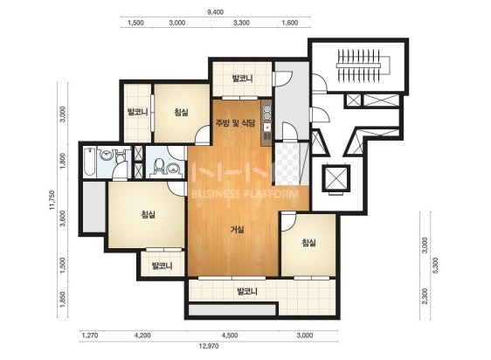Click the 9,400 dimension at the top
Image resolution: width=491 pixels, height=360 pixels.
(215, 12)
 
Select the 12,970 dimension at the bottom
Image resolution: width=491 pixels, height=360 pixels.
(209, 346)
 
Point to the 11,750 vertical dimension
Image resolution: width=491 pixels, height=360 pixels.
(52, 200)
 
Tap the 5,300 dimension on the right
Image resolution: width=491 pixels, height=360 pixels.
(435, 266)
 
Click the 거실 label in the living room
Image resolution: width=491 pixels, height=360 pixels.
(237, 230)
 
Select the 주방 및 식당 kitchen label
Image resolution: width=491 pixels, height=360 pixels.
(235, 123)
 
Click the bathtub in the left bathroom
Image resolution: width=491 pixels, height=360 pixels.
(90, 162)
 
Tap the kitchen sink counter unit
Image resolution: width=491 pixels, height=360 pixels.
(266, 123)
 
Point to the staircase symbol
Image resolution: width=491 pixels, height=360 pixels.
(363, 66)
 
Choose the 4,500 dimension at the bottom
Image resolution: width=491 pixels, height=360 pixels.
(230, 336)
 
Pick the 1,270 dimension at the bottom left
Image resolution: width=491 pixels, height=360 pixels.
(90, 336)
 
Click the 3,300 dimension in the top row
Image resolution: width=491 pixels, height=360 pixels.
(241, 23)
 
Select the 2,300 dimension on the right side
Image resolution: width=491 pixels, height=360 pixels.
(425, 296)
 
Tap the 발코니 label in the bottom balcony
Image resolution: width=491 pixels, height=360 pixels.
(247, 292)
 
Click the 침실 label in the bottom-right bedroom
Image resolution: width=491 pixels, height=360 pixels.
(308, 242)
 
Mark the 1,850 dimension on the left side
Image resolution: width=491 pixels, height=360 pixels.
(63, 300)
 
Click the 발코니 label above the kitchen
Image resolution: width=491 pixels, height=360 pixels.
(242, 78)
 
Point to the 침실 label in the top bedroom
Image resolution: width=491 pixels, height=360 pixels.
(182, 112)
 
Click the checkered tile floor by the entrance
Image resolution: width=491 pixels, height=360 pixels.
(287, 163)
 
